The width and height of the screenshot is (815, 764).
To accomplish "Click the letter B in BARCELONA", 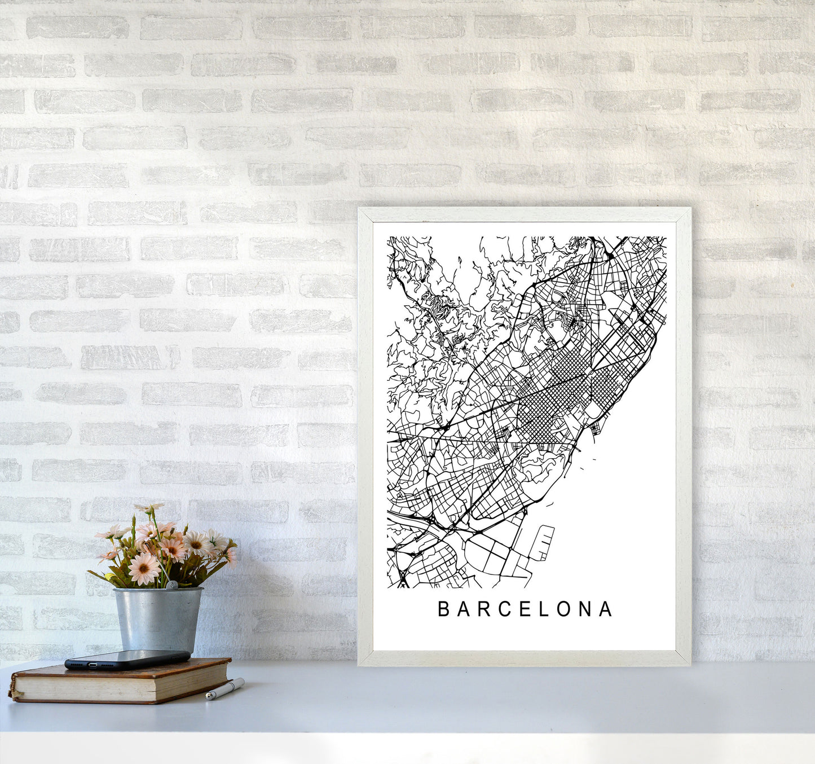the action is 443,609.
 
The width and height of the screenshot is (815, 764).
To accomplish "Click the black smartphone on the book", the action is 127,658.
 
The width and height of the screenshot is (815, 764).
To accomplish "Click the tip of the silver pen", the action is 208,698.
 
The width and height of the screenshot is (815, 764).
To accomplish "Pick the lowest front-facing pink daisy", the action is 143,569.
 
